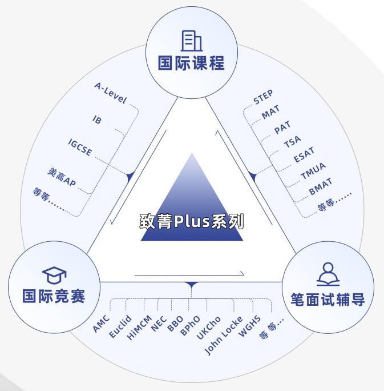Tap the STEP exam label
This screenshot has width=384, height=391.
(263, 98)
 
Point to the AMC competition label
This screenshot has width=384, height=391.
(101, 324)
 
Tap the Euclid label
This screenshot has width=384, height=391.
(120, 327)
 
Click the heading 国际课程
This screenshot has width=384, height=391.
(191, 63)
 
